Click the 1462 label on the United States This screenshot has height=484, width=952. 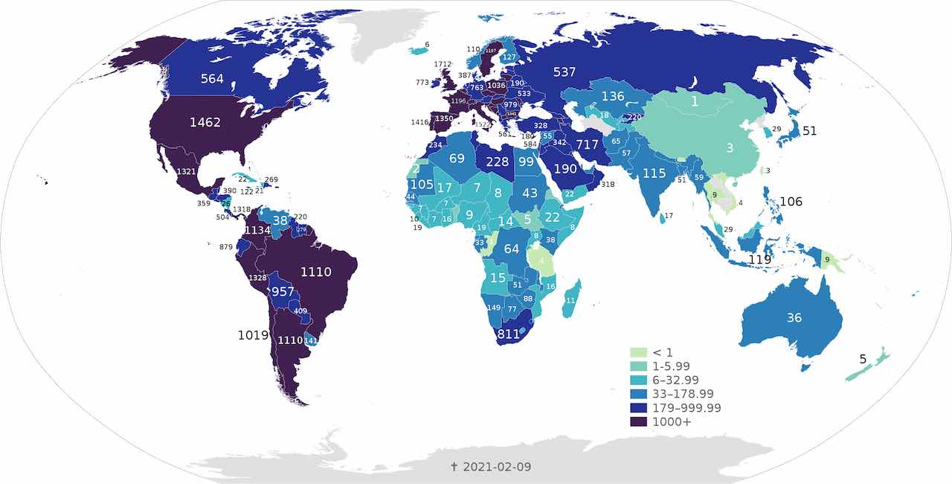tap(205, 122)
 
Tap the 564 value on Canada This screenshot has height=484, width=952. tap(211, 79)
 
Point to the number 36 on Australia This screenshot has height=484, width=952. tap(794, 317)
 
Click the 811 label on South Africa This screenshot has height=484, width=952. tap(508, 334)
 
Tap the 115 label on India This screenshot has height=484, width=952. tap(654, 173)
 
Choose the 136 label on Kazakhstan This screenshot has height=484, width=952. tap(613, 96)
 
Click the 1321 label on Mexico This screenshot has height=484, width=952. tap(186, 172)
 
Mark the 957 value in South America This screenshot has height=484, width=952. tap(283, 291)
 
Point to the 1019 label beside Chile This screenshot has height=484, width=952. tap(253, 335)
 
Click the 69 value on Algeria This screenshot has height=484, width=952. tap(457, 158)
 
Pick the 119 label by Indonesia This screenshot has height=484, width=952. tap(759, 260)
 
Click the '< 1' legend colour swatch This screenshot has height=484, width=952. tap(638, 351)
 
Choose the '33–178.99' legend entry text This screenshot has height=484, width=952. tap(686, 394)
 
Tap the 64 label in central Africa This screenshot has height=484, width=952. tap(511, 249)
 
